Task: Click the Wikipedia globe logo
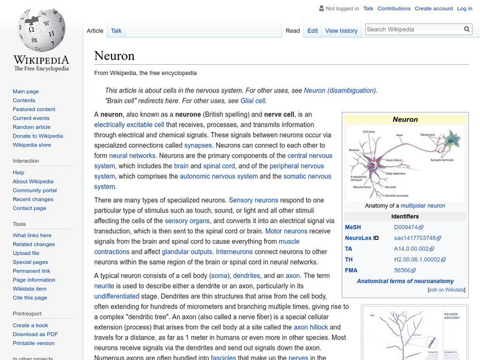pyautogui.click(x=41, y=30)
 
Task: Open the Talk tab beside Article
pyautogui.click(x=116, y=31)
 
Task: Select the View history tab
pyautogui.click(x=341, y=31)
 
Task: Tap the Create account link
pyautogui.click(x=433, y=8)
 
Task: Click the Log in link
pyautogui.click(x=464, y=8)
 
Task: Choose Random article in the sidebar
pyautogui.click(x=32, y=127)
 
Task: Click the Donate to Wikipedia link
pyautogui.click(x=38, y=136)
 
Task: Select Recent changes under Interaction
pyautogui.click(x=33, y=199)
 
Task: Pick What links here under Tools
pyautogui.click(x=32, y=235)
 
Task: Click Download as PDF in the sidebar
pyautogui.click(x=35, y=334)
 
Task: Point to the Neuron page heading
pyautogui.click(x=114, y=56)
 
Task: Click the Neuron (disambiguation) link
pyautogui.click(x=340, y=91)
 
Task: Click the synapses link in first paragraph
pyautogui.click(x=198, y=145)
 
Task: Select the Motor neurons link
pyautogui.click(x=286, y=231)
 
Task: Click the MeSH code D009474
pyautogui.click(x=406, y=227)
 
